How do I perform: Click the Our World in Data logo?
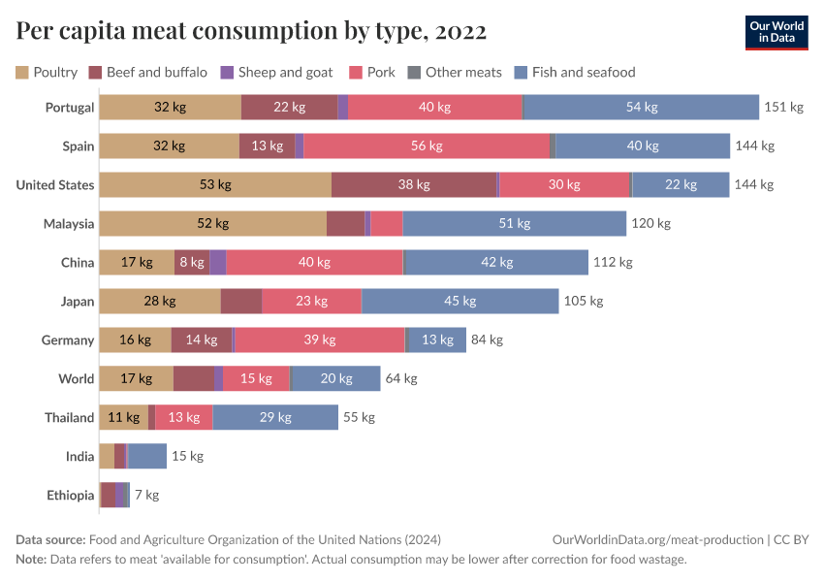pyautogui.click(x=776, y=32)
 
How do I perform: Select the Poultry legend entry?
pyautogui.click(x=47, y=72)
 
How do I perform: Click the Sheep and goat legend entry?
pyautogui.click(x=276, y=72)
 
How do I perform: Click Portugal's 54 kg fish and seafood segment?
pyautogui.click(x=641, y=108)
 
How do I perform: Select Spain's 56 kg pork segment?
pyautogui.click(x=427, y=146)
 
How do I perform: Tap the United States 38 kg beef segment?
pyautogui.click(x=415, y=185)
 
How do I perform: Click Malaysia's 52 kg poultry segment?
pyautogui.click(x=212, y=224)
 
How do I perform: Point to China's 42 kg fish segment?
pyautogui.click(x=495, y=263)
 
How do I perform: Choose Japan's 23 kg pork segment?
pyautogui.click(x=311, y=302)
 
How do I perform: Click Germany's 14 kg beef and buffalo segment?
pyautogui.click(x=202, y=340)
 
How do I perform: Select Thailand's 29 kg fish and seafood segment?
pyautogui.click(x=275, y=418)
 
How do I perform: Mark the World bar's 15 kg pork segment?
pyautogui.click(x=256, y=379)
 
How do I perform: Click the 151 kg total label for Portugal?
pyautogui.click(x=784, y=108)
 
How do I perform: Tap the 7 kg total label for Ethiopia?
pyautogui.click(x=146, y=496)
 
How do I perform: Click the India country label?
pyautogui.click(x=79, y=457)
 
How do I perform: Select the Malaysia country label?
pyautogui.click(x=69, y=224)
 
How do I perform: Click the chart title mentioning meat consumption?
pyautogui.click(x=251, y=32)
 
